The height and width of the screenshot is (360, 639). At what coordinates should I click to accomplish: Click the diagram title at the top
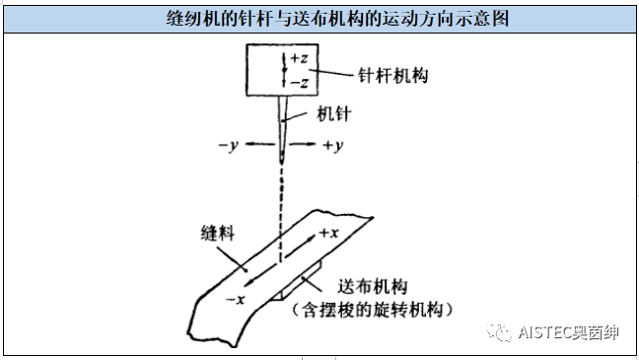[319, 17]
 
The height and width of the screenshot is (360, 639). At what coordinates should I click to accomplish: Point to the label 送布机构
[372, 286]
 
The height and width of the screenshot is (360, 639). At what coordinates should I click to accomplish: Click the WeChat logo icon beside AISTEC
[503, 333]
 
